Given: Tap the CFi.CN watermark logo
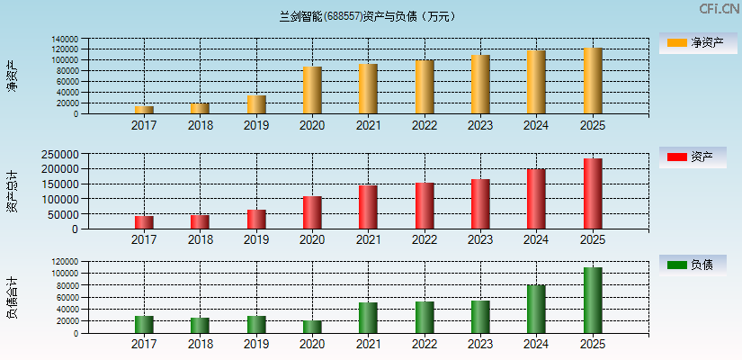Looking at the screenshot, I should [719, 9].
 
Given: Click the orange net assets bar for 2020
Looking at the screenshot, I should [312, 90].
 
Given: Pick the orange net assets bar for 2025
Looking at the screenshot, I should [593, 81].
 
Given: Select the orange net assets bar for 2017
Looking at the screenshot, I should [144, 110].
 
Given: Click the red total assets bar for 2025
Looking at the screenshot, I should [593, 193].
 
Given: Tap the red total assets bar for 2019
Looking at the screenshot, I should [256, 219].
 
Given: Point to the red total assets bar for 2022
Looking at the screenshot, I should [425, 205].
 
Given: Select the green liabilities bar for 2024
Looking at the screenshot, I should [536, 309].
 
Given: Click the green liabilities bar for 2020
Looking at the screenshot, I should [312, 327].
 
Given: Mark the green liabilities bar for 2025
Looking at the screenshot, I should [593, 300].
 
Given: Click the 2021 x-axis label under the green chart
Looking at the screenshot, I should [368, 344].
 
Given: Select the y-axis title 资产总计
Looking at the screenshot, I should [12, 192].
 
